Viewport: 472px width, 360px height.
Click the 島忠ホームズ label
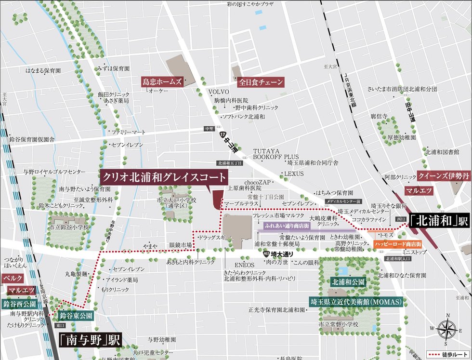pyautogui.click(x=162, y=82)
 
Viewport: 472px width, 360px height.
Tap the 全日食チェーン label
pyautogui.click(x=261, y=82)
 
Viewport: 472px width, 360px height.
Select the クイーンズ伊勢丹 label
pyautogui.click(x=443, y=176)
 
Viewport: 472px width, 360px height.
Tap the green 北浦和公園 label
pyautogui.click(x=348, y=282)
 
